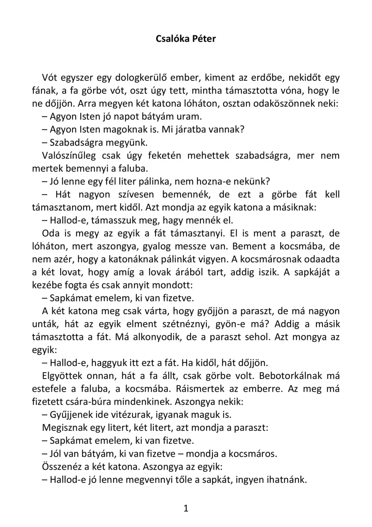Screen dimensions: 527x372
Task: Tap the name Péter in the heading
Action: point(204,39)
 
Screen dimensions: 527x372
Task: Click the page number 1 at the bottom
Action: point(186,508)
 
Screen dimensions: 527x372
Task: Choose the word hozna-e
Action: point(214,181)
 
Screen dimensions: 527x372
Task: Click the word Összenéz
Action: point(62,467)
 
